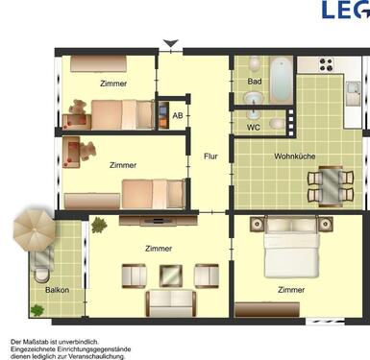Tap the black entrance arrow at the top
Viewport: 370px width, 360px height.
170,43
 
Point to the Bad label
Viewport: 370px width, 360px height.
254,82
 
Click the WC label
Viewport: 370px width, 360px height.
253,126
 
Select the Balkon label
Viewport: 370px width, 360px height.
56,289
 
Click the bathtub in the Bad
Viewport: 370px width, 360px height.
280,83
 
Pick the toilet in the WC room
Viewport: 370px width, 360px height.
277,124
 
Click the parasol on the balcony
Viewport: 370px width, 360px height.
35,228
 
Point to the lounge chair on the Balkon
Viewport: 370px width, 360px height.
44,263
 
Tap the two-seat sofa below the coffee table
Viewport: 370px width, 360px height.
171,303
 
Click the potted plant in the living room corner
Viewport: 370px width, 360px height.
99,226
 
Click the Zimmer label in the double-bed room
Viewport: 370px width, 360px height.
291,289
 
